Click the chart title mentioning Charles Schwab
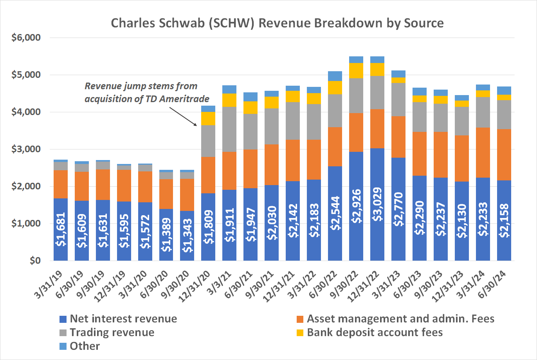[x=277, y=23]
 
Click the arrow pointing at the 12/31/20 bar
[x=184, y=115]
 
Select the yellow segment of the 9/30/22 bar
[x=356, y=70]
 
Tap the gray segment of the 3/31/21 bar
[x=229, y=129]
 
